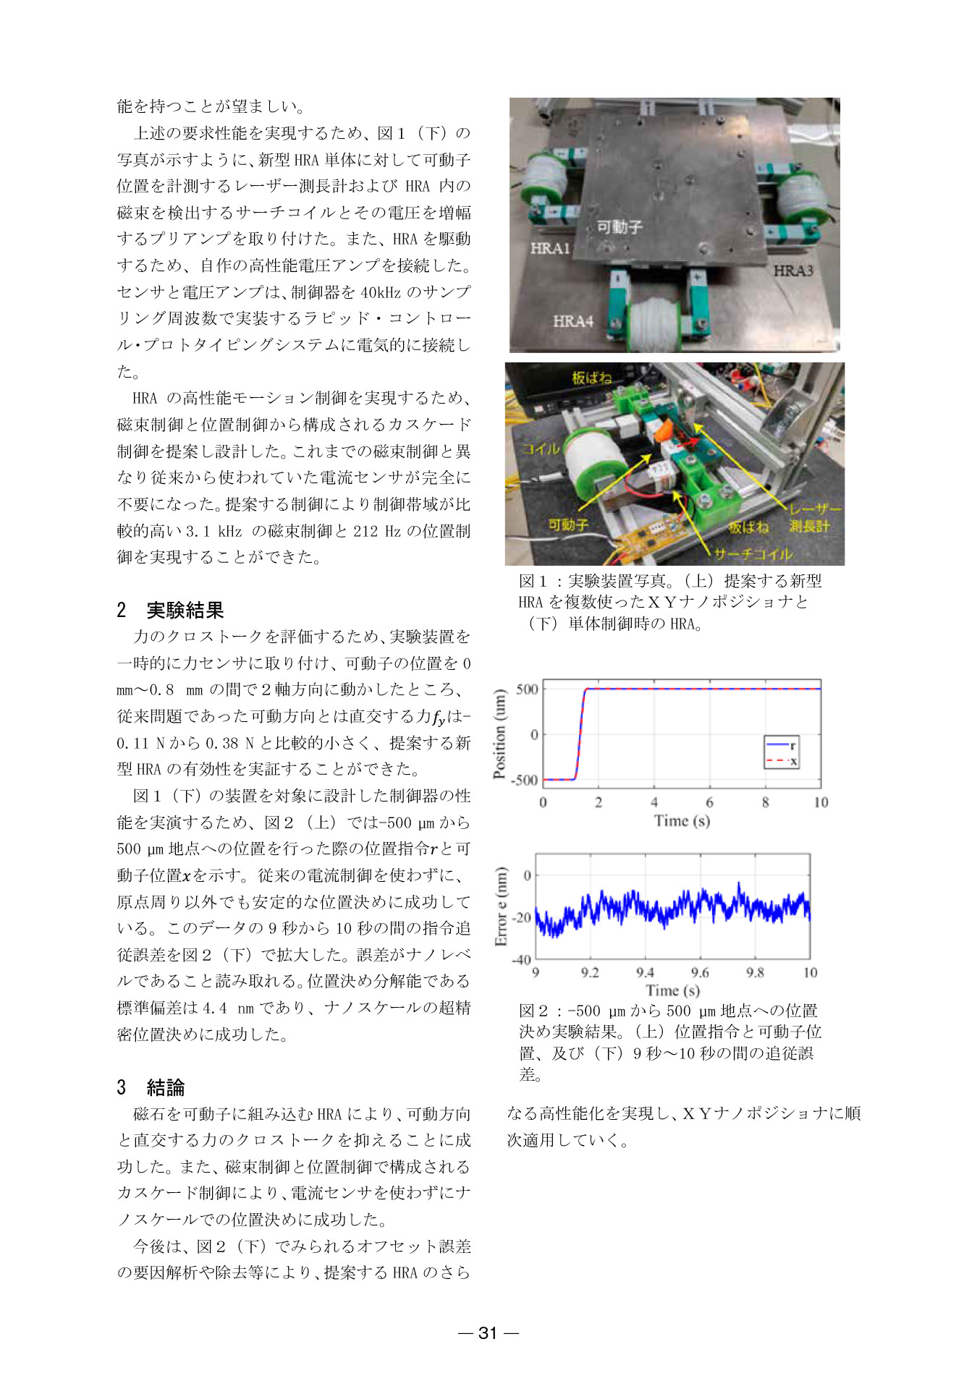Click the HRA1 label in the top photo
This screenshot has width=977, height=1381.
pyautogui.click(x=550, y=248)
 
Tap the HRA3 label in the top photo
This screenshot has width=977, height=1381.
pyautogui.click(x=792, y=271)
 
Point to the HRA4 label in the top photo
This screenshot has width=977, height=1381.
pyautogui.click(x=572, y=320)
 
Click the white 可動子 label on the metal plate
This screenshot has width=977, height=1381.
pyautogui.click(x=619, y=227)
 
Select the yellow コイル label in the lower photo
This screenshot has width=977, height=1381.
pyautogui.click(x=541, y=449)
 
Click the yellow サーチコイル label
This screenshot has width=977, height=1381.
pyautogui.click(x=753, y=554)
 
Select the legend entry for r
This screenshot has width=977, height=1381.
pyautogui.click(x=782, y=745)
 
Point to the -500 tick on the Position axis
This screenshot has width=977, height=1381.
pyautogui.click(x=525, y=781)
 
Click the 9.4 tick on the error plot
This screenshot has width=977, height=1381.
pyautogui.click(x=645, y=973)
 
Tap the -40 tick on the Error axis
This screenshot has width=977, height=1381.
pyautogui.click(x=521, y=960)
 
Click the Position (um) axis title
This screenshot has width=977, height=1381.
pyautogui.click(x=499, y=734)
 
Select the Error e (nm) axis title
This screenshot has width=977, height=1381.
pyautogui.click(x=501, y=907)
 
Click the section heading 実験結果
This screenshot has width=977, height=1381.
pyautogui.click(x=185, y=610)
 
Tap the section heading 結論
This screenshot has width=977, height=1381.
pyautogui.click(x=166, y=1087)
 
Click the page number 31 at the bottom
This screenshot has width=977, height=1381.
pyautogui.click(x=488, y=1333)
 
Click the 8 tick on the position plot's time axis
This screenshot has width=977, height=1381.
pyautogui.click(x=765, y=802)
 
